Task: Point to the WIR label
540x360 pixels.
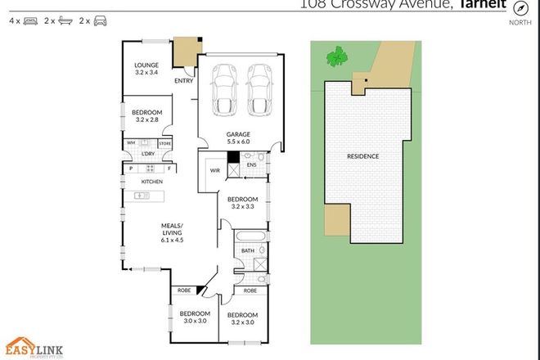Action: pyautogui.click(x=214, y=170)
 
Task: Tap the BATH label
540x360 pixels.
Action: pyautogui.click(x=247, y=250)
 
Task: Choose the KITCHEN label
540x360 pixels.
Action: pyautogui.click(x=153, y=181)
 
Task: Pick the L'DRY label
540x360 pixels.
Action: pyautogui.click(x=148, y=154)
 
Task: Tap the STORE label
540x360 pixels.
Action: pyautogui.click(x=165, y=144)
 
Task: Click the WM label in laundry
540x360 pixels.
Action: pyautogui.click(x=129, y=144)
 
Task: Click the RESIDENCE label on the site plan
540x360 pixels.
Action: pyautogui.click(x=362, y=155)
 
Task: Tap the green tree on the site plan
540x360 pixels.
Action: pyautogui.click(x=335, y=57)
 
